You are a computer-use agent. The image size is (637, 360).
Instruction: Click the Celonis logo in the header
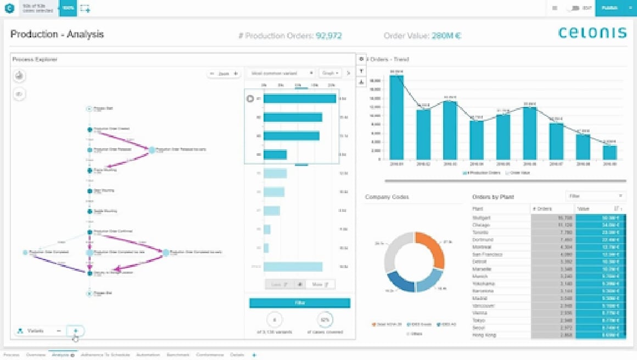(x=592, y=33)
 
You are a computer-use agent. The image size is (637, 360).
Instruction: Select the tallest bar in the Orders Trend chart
(x=396, y=118)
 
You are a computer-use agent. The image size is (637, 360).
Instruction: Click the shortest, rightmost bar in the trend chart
(x=610, y=153)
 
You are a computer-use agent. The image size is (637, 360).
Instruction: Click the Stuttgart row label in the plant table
(x=481, y=218)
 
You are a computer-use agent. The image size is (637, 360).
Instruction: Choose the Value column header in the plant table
(x=583, y=209)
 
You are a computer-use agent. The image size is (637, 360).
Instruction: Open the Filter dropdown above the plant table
(x=595, y=196)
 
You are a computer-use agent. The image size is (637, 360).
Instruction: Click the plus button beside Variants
(x=76, y=331)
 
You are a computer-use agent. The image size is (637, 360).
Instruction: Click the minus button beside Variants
(x=59, y=331)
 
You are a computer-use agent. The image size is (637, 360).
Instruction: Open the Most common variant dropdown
(x=281, y=73)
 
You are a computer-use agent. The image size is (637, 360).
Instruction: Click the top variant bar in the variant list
(x=299, y=99)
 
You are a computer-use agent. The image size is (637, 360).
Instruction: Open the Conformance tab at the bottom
(x=209, y=355)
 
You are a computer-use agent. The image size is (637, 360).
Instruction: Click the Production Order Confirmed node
(x=90, y=232)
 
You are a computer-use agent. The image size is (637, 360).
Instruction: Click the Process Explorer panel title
(x=35, y=59)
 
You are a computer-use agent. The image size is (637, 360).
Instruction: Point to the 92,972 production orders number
(x=329, y=36)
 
